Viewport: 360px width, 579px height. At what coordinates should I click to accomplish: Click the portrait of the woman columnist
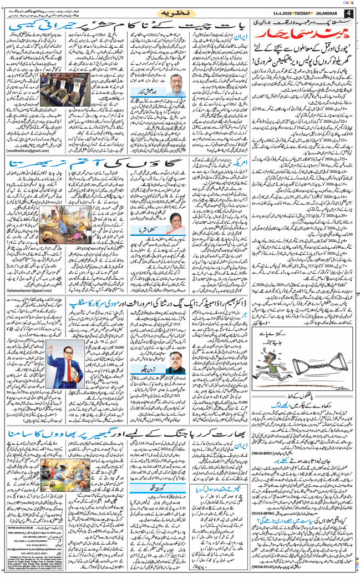[x=175, y=218]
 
